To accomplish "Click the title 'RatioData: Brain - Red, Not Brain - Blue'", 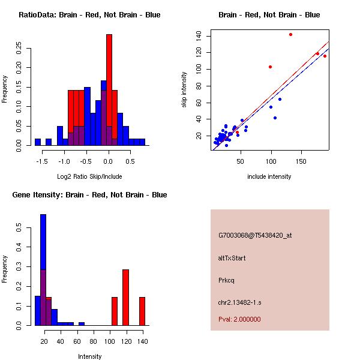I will pyautogui.click(x=89, y=15).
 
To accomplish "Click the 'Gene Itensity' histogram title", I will pyautogui.click(x=89, y=195).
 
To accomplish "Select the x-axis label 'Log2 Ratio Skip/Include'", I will pyautogui.click(x=89, y=176).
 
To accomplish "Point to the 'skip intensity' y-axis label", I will pyautogui.click(x=185, y=89).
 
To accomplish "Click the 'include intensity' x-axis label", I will pyautogui.click(x=269, y=176).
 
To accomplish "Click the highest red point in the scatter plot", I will pyautogui.click(x=290, y=34).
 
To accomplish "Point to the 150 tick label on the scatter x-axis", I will pyautogui.click(x=301, y=161).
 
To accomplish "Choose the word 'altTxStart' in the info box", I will pyautogui.click(x=232, y=258).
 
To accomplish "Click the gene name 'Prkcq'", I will pyautogui.click(x=227, y=280).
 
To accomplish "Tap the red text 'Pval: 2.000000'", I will pyautogui.click(x=239, y=319).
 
